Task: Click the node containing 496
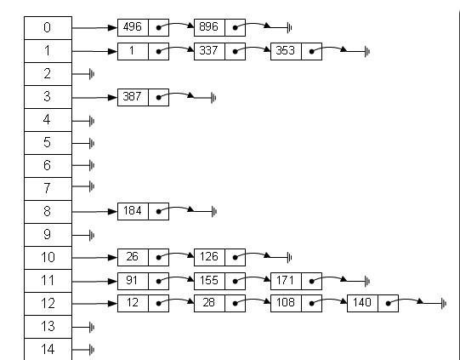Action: tap(143, 27)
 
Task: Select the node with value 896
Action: tap(219, 27)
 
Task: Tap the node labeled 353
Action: tap(296, 51)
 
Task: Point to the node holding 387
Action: tap(143, 97)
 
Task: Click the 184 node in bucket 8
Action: tap(143, 211)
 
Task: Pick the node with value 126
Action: tap(219, 257)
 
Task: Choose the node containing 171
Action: tap(296, 281)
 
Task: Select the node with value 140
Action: tap(373, 303)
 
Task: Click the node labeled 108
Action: tap(296, 303)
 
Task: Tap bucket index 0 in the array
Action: tap(48, 28)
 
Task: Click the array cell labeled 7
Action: tap(48, 189)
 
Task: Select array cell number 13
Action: tap(48, 327)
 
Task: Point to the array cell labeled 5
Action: tap(48, 143)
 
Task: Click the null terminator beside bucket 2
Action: tap(92, 74)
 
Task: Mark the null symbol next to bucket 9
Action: tap(92, 235)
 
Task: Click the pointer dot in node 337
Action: tap(235, 52)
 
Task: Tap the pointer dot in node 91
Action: tap(158, 282)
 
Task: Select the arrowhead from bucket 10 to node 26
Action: tap(112, 258)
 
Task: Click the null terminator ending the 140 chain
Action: tap(444, 303)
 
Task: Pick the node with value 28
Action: tap(219, 303)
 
